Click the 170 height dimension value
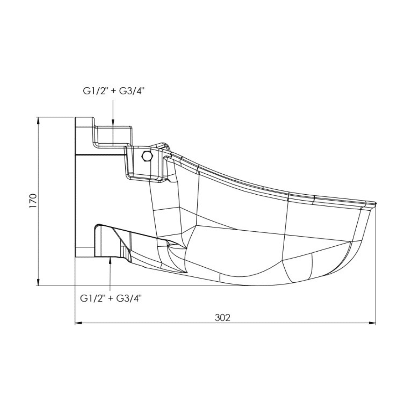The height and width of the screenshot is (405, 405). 33,201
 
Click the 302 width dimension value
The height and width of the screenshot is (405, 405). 222,317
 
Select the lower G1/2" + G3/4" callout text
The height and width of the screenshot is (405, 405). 111,298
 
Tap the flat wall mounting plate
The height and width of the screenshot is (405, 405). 83,187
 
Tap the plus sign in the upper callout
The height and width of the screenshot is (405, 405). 113,91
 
